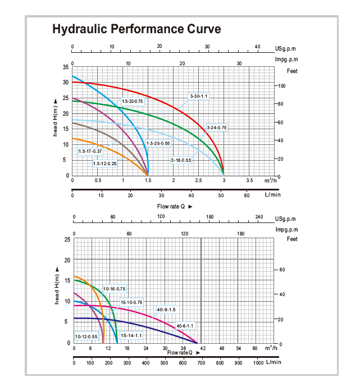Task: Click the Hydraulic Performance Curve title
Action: click(x=136, y=29)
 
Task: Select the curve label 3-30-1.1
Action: click(x=199, y=97)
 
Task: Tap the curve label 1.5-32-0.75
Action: click(x=132, y=101)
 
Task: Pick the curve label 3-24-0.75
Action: click(x=217, y=128)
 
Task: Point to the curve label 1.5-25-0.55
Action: click(x=158, y=143)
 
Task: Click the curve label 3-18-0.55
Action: click(x=181, y=161)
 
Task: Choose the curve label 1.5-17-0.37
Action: click(x=90, y=151)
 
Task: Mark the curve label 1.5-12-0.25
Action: click(x=105, y=163)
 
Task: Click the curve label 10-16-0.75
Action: click(x=114, y=288)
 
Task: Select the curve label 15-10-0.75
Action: click(x=131, y=302)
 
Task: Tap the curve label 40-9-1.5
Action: click(x=166, y=310)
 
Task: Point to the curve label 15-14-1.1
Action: click(x=131, y=335)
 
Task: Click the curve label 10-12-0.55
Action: click(x=86, y=337)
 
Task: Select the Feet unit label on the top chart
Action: click(x=292, y=71)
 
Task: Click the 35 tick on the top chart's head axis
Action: click(x=65, y=67)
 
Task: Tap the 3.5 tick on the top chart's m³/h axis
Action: click(x=249, y=181)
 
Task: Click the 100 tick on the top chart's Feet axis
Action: click(x=282, y=86)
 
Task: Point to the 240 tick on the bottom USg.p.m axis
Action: click(x=259, y=217)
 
